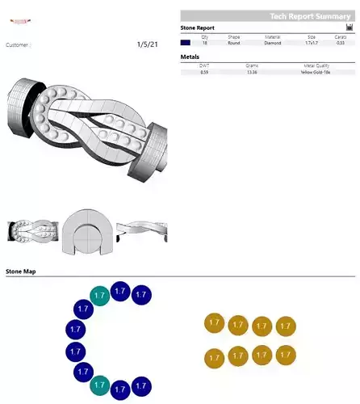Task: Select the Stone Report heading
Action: coord(198,27)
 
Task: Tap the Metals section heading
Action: coord(190,57)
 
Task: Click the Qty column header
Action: coord(204,36)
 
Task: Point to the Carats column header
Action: coord(340,36)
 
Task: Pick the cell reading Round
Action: coord(234,42)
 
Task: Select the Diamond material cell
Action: coord(273,42)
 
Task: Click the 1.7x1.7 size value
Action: coord(311,42)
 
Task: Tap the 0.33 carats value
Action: coord(340,42)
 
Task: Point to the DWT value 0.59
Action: coord(204,73)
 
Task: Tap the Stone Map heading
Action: coord(21,271)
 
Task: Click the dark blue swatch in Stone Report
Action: coord(186,42)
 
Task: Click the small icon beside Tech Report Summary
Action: coord(349,27)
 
